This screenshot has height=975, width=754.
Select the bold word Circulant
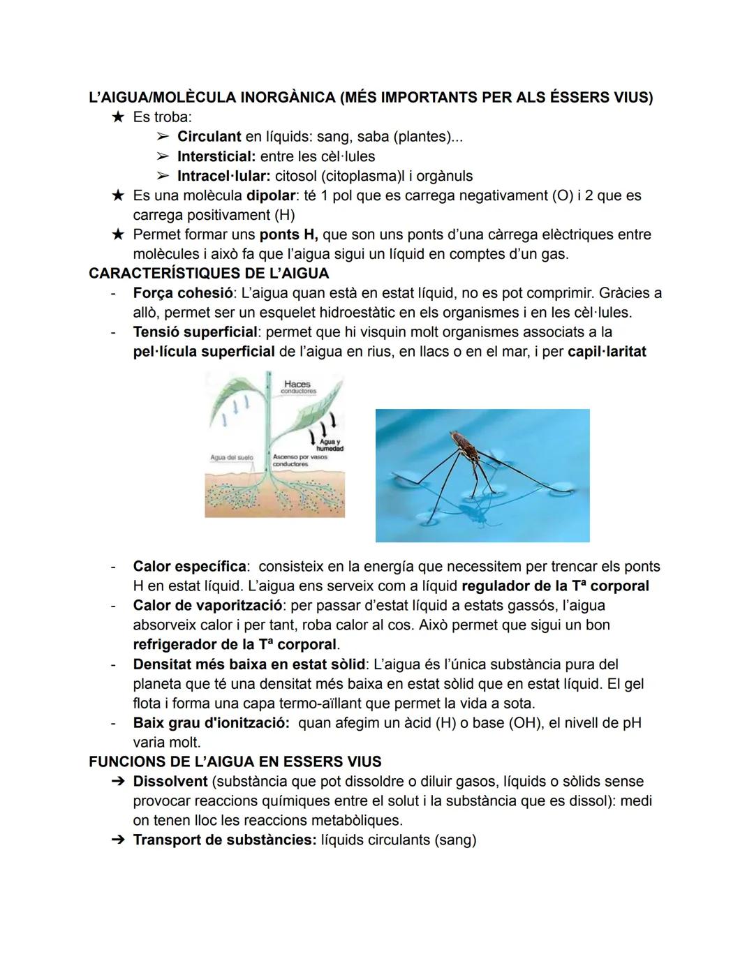point(209,137)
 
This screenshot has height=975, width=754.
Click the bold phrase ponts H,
point(288,235)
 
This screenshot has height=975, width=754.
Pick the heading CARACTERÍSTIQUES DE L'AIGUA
point(209,273)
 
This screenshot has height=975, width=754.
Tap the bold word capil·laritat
point(607,352)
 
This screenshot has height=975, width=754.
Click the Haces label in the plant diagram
point(297,385)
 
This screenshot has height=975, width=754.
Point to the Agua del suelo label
point(231,458)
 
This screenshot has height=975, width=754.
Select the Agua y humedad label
point(329,445)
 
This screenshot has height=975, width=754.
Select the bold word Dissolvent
point(170,782)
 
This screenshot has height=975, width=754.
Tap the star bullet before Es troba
point(117,117)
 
